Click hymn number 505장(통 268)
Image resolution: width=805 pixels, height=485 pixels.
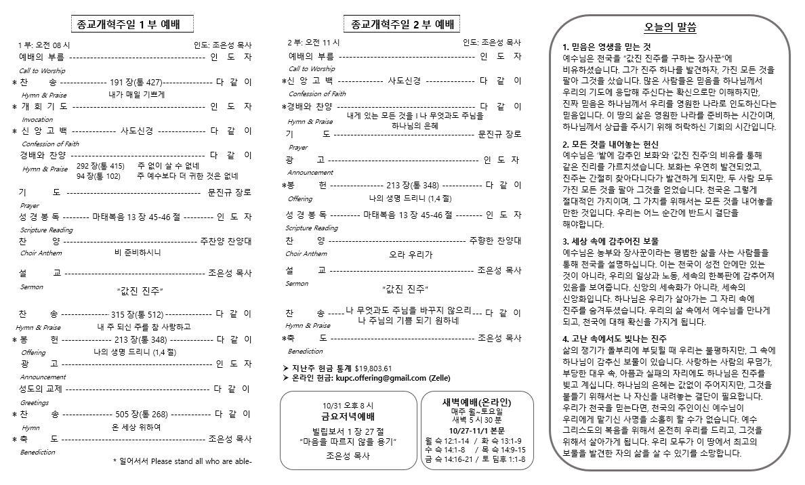pos(141,415)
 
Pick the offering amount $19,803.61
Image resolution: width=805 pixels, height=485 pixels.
pos(373,368)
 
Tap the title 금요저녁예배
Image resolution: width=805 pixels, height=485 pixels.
pos(348,417)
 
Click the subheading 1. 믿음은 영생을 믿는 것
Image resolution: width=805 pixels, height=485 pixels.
pos(606,47)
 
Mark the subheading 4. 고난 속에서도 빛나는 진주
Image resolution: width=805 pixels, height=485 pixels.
pos(615,339)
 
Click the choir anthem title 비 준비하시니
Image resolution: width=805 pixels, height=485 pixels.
pos(138,253)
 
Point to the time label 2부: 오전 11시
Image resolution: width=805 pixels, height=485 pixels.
pos(313,43)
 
